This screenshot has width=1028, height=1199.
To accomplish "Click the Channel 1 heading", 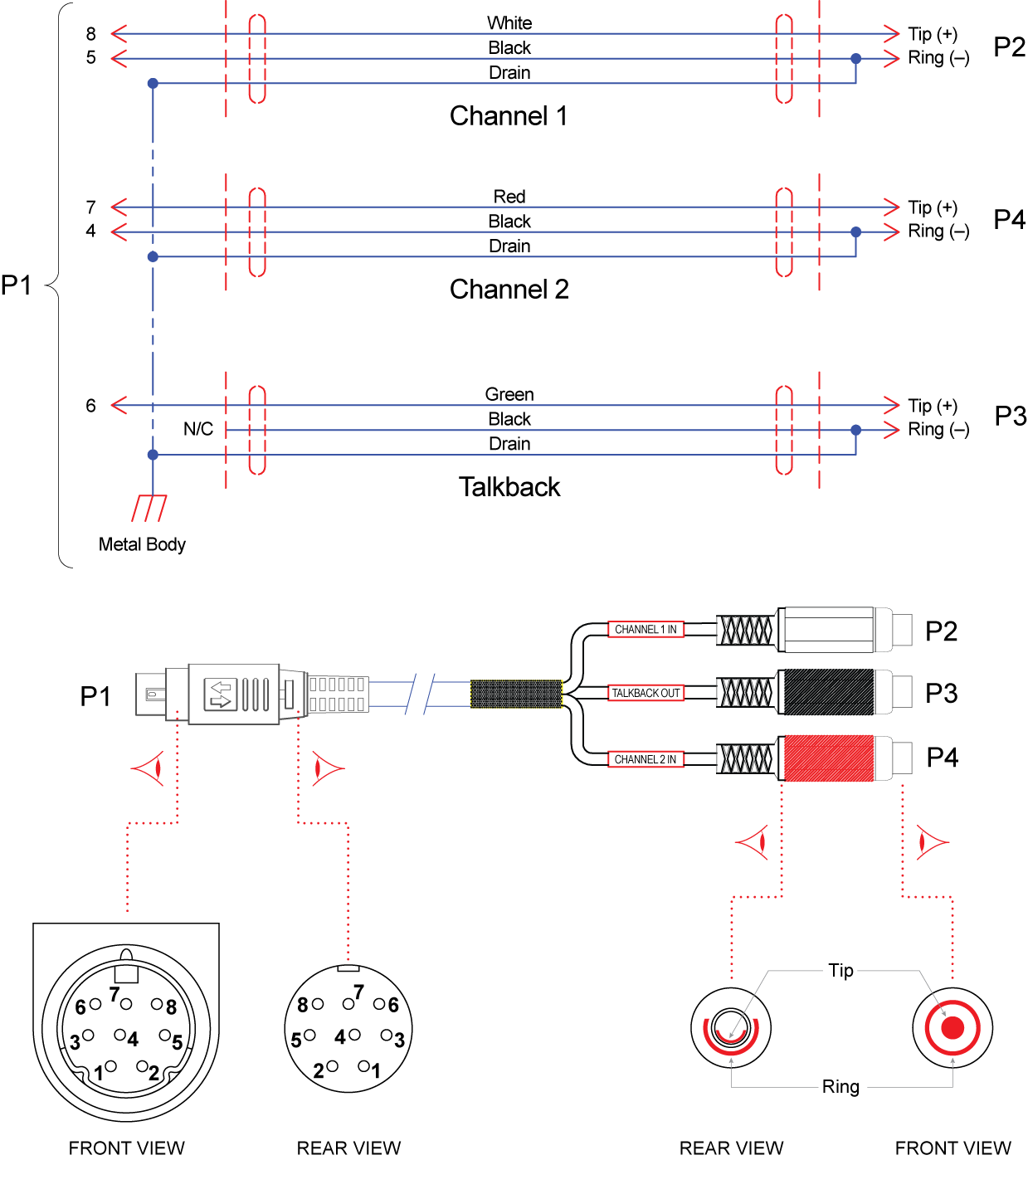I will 509,116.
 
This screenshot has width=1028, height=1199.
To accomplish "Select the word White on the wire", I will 509,23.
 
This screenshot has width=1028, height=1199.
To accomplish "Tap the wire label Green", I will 509,395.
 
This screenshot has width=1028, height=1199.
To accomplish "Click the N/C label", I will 198,429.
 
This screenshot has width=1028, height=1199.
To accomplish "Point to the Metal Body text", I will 142,544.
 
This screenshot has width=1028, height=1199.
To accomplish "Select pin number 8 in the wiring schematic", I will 91,34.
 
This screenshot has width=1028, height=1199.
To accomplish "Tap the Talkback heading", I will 509,487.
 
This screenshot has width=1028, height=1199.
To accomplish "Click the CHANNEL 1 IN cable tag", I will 646,630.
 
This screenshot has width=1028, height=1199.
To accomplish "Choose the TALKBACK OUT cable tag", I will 646,693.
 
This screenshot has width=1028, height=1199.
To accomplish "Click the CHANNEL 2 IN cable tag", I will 646,759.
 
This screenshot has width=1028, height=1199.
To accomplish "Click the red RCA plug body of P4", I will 827,758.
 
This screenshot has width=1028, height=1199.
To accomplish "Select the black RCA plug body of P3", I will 827,693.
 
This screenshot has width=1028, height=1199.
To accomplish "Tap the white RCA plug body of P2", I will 827,630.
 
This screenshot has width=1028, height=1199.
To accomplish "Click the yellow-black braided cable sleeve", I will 516,694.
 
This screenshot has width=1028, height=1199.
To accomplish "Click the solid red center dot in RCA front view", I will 952,1028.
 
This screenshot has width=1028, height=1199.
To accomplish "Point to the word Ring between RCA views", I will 840,1087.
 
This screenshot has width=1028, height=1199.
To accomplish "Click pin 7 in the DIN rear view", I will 349,1003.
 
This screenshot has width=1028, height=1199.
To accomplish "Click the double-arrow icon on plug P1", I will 221,695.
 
